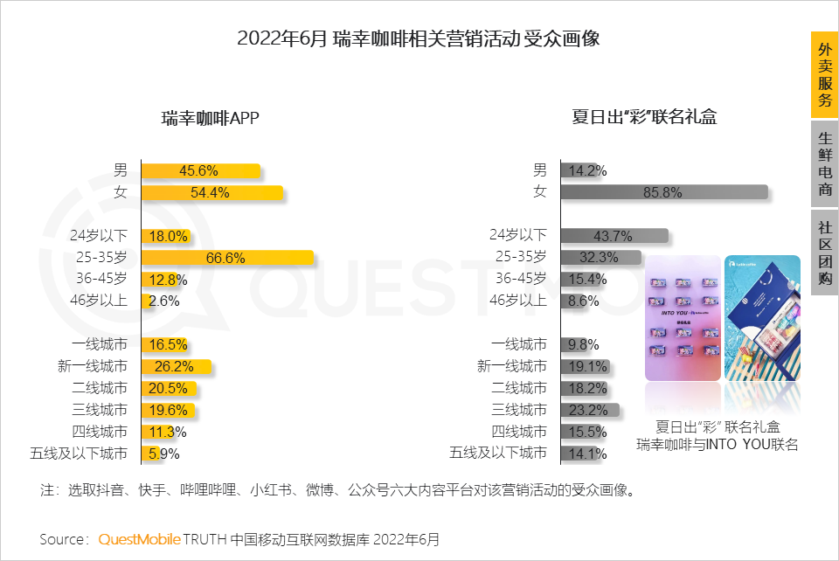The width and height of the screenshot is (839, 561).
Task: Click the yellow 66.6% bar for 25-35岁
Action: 227,258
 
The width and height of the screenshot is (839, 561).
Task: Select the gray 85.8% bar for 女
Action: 664,192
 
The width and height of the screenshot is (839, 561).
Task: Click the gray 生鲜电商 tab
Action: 824,163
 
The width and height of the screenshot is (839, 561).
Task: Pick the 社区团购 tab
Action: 824,253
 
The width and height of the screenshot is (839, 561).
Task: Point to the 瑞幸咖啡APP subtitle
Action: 211,118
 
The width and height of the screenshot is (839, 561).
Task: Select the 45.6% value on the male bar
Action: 198,170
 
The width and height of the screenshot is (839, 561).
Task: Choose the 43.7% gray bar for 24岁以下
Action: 614,236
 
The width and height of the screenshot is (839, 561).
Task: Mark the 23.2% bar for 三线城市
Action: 590,410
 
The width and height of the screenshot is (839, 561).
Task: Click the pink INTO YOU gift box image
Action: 683,319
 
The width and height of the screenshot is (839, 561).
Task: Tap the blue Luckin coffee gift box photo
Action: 762,319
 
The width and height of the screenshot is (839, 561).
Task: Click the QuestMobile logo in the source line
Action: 139,539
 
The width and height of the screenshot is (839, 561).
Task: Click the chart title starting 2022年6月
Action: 419,39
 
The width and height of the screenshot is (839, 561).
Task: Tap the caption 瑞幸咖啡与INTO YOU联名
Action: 717,445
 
